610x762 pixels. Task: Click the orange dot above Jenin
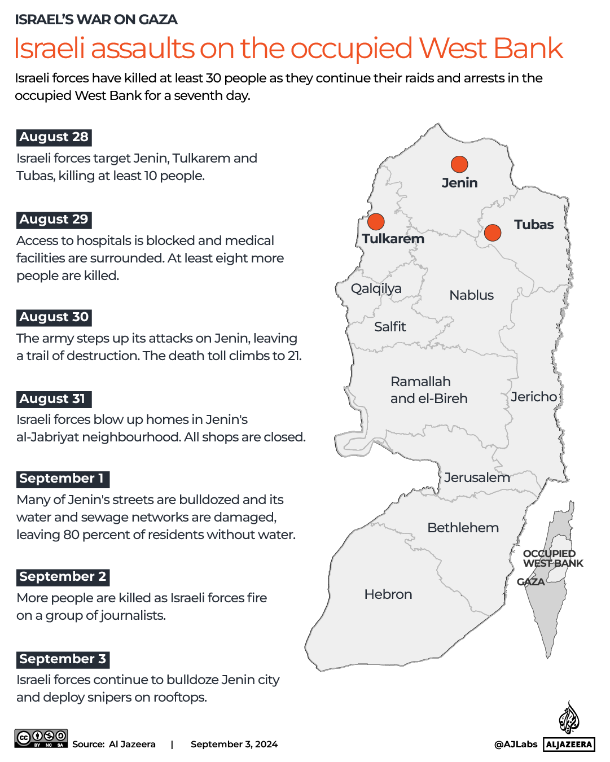459,164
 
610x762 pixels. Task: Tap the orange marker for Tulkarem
376,222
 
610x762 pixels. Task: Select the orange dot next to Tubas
493,232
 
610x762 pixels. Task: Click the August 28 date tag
54,137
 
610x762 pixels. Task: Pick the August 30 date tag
54,317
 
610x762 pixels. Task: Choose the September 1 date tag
62,479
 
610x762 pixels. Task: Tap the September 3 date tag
63,659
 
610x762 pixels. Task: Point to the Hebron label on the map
388,594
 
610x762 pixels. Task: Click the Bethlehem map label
463,528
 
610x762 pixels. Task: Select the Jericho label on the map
534,397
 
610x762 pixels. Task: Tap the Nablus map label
471,295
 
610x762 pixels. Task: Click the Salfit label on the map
390,327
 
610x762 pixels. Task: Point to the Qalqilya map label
376,288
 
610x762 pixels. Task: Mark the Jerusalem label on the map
477,478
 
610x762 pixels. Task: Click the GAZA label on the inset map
530,582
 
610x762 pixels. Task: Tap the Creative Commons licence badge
41,738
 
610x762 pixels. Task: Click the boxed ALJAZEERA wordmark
569,745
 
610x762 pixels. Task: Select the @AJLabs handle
516,745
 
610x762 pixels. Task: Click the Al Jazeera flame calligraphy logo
569,718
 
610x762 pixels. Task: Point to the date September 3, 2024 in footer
234,745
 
